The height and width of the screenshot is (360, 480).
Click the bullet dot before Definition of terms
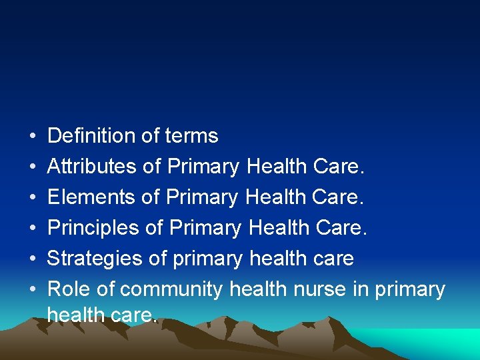pyautogui.click(x=33, y=137)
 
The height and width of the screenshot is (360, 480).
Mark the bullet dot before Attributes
pyautogui.click(x=33, y=167)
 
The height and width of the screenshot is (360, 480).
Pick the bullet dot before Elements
pyautogui.click(x=33, y=198)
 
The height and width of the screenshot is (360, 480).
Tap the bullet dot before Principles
pyautogui.click(x=33, y=229)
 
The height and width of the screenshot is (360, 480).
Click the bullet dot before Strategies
pyautogui.click(x=33, y=259)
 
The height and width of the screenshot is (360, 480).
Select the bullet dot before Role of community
pyautogui.click(x=33, y=290)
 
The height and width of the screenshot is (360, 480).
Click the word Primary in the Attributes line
pyautogui.click(x=203, y=167)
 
